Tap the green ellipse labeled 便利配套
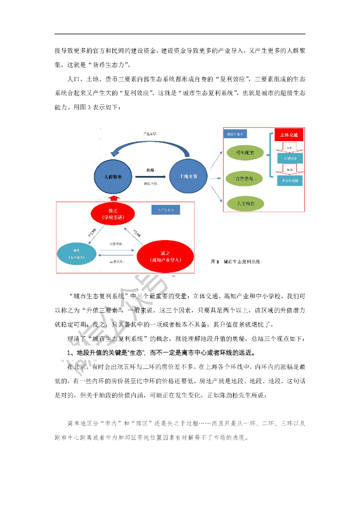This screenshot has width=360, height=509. pos(245,153)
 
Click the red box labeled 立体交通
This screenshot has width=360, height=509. pos(289,135)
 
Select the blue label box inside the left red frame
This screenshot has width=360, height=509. pos(166,211)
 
